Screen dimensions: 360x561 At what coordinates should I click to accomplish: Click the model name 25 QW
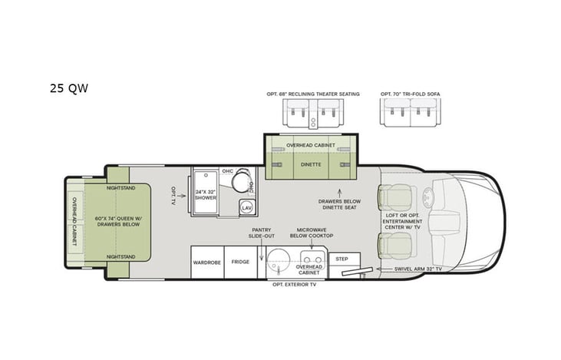coord(68,88)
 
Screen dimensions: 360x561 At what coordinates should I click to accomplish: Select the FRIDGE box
coord(240,263)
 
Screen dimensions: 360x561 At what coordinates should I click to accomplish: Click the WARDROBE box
coord(207,263)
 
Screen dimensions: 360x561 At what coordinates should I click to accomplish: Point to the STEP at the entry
coord(342,259)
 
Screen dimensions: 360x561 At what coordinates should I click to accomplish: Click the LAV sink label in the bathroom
coord(246,207)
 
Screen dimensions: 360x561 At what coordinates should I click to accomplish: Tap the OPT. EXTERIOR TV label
coord(294,285)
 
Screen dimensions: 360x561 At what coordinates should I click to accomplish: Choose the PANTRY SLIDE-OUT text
coord(262,233)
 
